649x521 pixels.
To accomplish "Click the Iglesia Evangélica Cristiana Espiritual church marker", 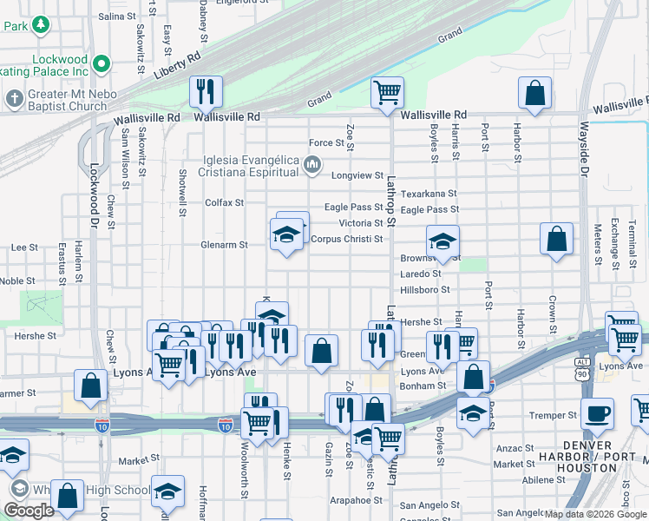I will pos(313,164).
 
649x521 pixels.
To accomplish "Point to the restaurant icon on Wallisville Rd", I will pos(206,90).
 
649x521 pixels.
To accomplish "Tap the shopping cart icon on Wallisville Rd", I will pos(387,92).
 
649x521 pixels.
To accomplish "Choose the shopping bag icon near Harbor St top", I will pos(534,92).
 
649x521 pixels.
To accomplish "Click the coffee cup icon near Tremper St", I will pos(597,412).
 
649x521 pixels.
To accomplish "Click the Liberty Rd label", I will pos(177,67).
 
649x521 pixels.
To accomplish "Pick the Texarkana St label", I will pos(429,194).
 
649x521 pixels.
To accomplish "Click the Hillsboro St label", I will pos(425,289).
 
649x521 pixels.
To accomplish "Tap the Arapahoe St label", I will pos(357,500).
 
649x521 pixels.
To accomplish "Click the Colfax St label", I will pos(224,202).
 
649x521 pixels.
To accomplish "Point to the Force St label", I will pos(327,143).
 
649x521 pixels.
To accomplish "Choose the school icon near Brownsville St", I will pos(442,241).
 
